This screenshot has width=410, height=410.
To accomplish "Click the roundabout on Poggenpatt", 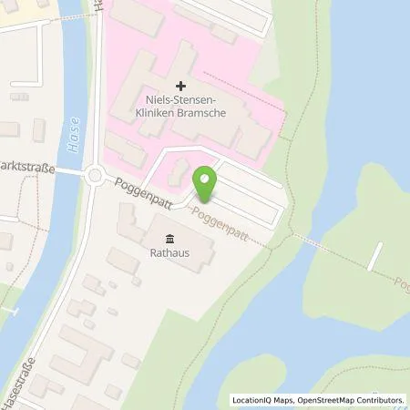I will tap(95, 175).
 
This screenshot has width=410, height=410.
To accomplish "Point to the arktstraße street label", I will tap(27, 169).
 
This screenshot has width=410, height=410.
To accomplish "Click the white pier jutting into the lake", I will tap(376, 253).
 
